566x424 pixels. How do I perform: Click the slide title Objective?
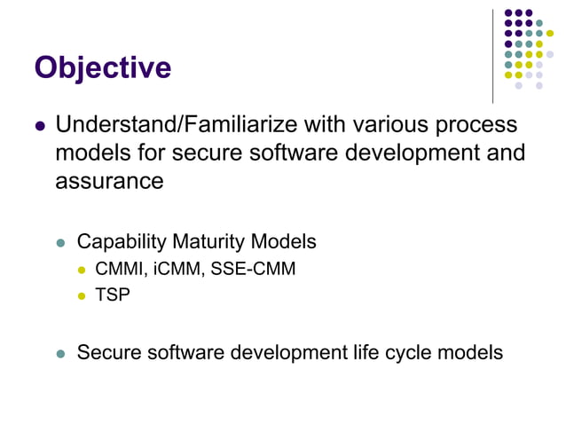(102, 68)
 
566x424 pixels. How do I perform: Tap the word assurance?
(109, 181)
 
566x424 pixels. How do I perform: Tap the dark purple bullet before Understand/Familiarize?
(39, 126)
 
